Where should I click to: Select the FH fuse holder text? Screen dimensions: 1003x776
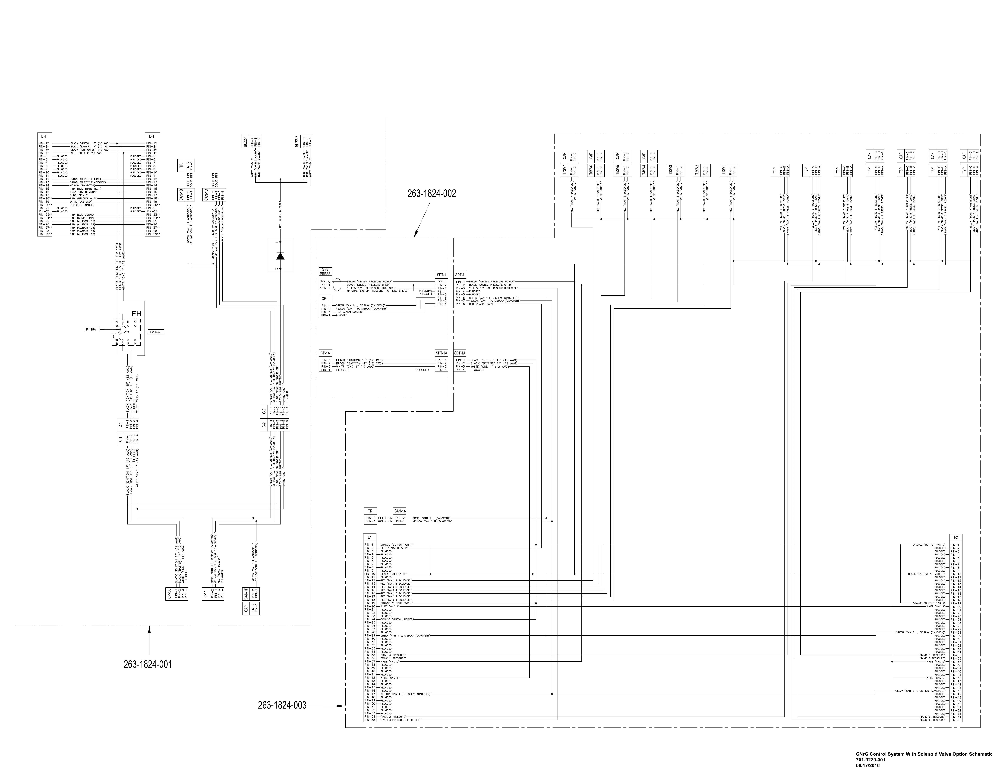pyautogui.click(x=136, y=314)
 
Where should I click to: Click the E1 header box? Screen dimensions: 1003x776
pyautogui.click(x=369, y=537)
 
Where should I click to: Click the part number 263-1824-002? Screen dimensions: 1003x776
pyautogui.click(x=432, y=194)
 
